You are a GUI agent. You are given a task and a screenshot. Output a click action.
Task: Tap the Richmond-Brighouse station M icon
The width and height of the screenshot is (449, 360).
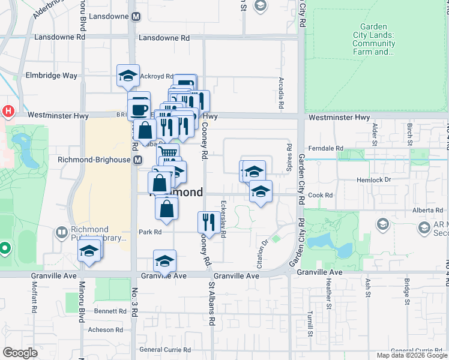[x=138, y=160]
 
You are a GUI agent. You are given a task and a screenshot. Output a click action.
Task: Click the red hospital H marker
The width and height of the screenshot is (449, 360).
[x=8, y=111]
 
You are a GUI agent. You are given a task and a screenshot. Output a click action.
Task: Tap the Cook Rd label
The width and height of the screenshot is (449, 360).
[x=320, y=195]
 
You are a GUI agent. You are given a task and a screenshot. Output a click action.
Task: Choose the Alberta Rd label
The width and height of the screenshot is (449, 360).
[x=427, y=211]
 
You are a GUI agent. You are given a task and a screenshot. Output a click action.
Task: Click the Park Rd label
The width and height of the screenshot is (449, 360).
[x=150, y=232]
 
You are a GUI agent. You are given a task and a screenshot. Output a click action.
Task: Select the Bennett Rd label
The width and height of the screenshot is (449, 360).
[x=109, y=311]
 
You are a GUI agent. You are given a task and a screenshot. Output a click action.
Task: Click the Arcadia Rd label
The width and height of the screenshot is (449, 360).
[x=281, y=93]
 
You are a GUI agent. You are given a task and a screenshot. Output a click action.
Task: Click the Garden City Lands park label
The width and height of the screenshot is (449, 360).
[x=373, y=39]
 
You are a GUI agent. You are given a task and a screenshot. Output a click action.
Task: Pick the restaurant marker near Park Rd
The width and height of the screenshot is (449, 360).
[x=206, y=222]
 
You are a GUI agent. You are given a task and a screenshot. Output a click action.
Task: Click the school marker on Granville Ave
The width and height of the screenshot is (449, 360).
[x=164, y=260]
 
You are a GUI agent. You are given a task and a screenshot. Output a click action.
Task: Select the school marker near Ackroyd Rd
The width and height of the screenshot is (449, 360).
[x=128, y=75]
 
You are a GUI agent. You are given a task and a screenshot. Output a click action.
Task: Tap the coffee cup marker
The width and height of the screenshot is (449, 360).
[x=139, y=109]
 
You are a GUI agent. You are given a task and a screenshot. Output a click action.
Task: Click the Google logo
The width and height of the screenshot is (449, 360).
[x=20, y=353]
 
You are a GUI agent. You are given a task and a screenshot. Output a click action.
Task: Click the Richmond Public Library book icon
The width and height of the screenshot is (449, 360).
[x=62, y=232]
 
